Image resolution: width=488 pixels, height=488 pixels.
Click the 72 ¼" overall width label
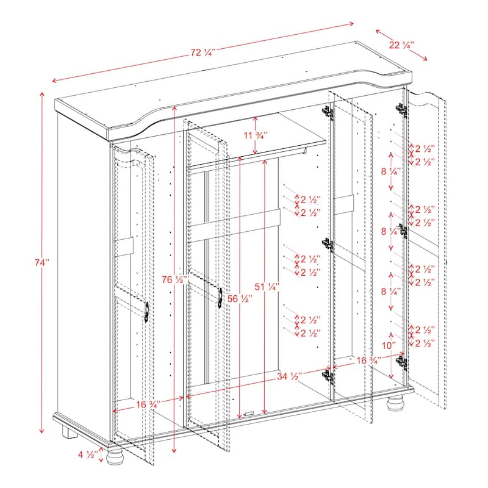coord(203,52)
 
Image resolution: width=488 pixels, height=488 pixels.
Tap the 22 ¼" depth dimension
coord(403,45)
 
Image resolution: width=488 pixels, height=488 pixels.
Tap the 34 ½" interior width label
coord(289,376)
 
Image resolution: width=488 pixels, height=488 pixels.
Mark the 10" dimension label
coord(389,345)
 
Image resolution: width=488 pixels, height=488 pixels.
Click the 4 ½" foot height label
coord(87,454)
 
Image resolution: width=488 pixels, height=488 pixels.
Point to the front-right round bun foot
coord(396,404)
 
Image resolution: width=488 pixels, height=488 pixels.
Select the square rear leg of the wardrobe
coord(69,432)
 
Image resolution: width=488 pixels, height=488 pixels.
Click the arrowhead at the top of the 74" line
coord(41,95)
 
